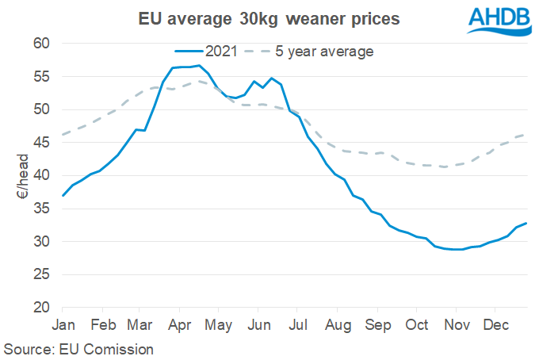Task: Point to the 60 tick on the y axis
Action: point(41,44)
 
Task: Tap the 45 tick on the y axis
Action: point(41,143)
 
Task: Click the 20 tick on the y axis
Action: point(41,308)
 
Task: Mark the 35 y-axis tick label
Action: point(41,209)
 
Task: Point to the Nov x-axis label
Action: point(457,326)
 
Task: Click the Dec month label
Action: point(496,326)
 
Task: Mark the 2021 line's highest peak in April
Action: point(200,66)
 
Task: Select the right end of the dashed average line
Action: point(526,135)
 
